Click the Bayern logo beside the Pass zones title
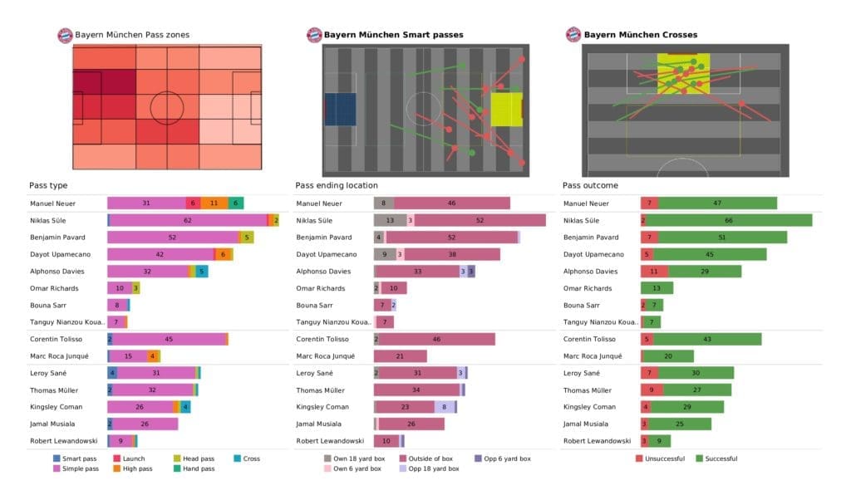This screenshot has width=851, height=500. [x=64, y=35]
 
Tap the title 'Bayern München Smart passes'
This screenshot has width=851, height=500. [x=393, y=35]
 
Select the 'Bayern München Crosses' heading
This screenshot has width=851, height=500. [x=640, y=35]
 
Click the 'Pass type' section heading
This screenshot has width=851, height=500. [x=47, y=185]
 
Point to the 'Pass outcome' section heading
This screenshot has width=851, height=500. [x=590, y=185]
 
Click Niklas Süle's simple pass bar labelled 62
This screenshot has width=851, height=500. [x=188, y=220]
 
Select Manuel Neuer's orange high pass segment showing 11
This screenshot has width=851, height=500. [x=214, y=203]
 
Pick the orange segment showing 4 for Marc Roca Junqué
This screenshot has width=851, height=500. [x=153, y=355]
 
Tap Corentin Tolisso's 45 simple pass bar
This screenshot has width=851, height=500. [x=169, y=339]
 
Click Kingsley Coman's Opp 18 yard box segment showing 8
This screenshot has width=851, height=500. [x=445, y=407]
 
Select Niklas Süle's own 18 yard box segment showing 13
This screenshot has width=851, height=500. [x=390, y=220]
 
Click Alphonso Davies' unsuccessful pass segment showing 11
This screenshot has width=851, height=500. [x=654, y=271]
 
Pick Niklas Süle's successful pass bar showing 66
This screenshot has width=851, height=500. [x=729, y=220]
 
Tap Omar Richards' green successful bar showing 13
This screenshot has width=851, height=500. [x=657, y=288]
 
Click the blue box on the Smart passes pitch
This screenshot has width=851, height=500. [x=340, y=109]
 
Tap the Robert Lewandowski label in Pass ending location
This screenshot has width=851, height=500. [x=331, y=441]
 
